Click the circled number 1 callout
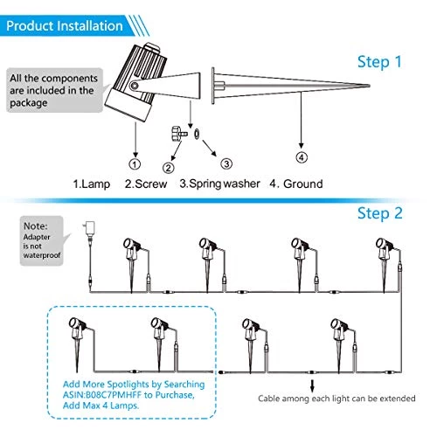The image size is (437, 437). pos(134,163)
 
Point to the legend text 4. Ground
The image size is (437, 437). pos(295,184)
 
